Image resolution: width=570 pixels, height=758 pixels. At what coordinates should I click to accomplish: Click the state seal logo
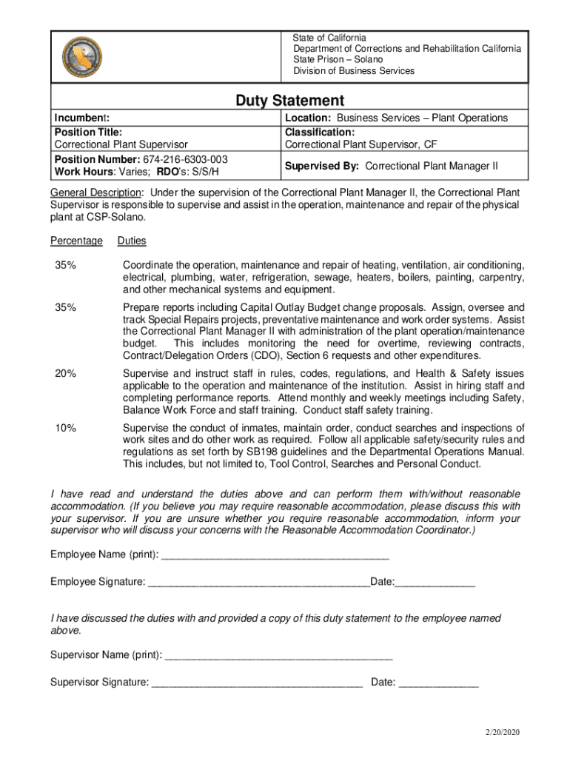81,57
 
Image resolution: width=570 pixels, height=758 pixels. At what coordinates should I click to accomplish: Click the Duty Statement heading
289,100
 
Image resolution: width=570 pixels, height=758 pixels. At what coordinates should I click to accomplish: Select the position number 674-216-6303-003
186,160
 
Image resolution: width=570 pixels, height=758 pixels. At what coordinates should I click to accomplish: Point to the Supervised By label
323,166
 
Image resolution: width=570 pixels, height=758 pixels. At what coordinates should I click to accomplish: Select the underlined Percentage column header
76,241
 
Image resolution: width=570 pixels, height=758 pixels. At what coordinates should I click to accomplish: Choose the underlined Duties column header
131,241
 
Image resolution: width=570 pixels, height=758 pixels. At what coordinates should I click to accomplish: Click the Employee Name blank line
275,555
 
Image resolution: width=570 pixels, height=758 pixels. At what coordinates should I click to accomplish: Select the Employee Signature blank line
258,582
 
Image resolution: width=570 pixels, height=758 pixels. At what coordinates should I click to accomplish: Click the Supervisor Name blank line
278,655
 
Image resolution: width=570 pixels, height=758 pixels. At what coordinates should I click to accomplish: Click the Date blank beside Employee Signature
435,582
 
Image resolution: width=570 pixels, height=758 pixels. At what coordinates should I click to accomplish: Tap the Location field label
309,118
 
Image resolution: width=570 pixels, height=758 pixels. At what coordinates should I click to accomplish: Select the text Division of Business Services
354,71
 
